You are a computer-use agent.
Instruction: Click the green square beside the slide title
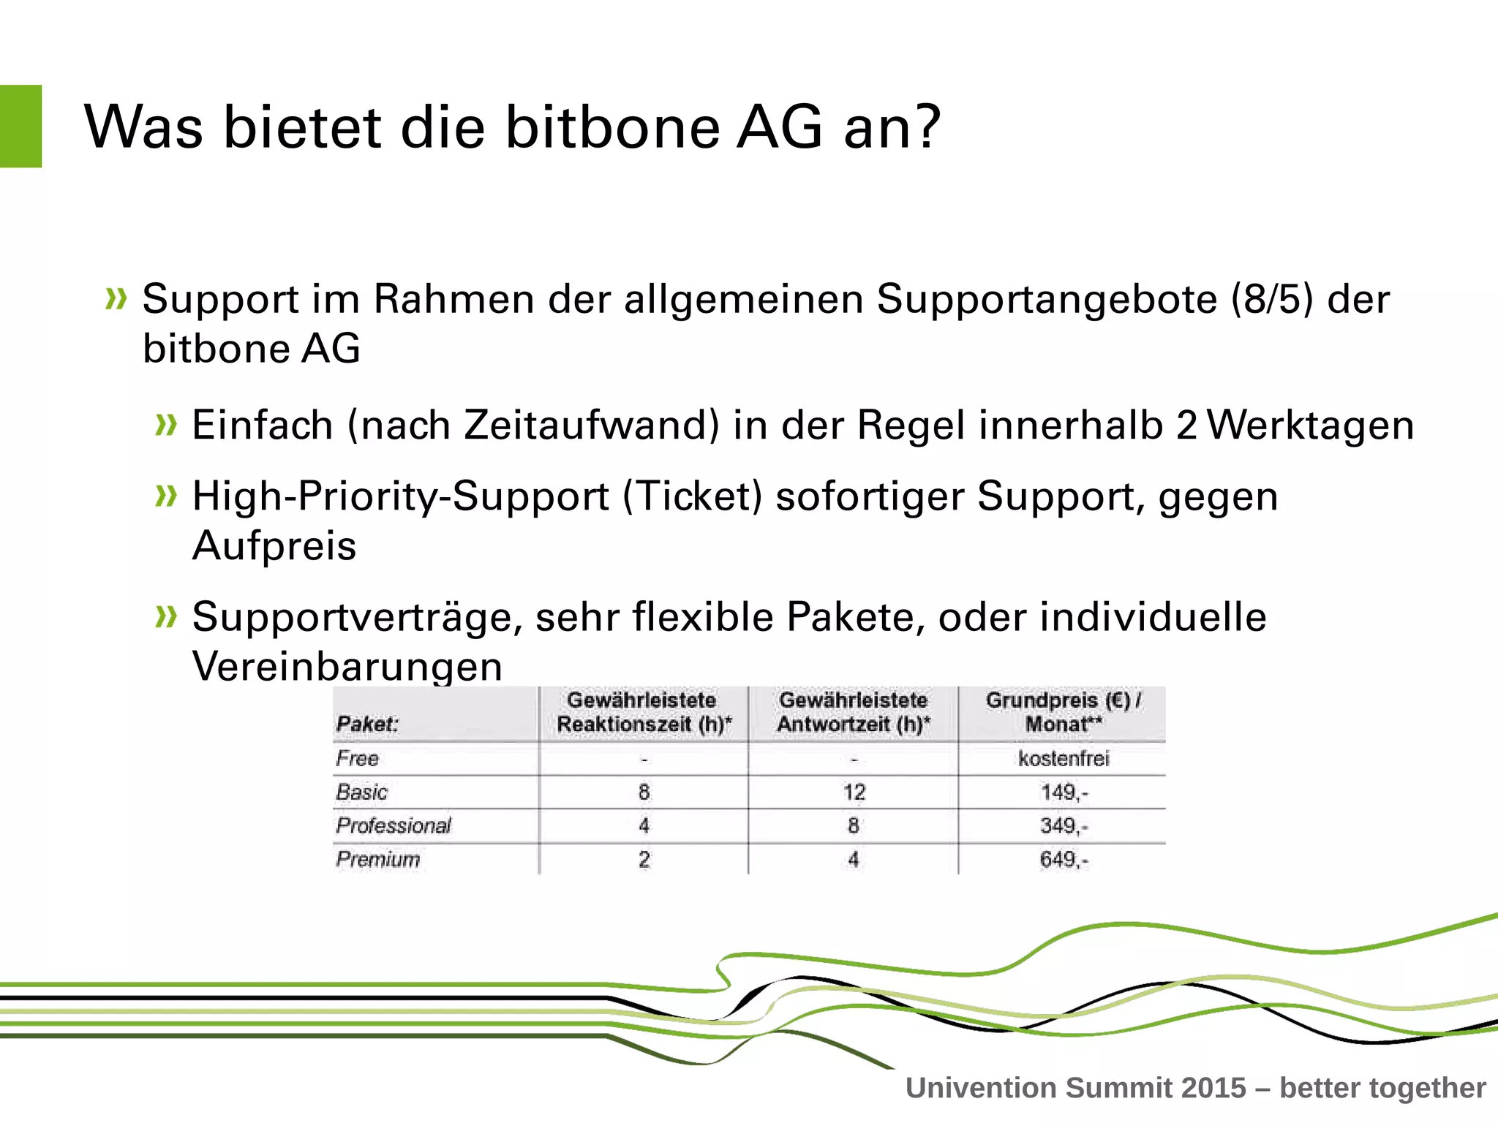click(x=20, y=126)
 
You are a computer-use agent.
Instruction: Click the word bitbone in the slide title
click(x=612, y=128)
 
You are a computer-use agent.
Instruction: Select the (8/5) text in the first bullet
click(x=1272, y=300)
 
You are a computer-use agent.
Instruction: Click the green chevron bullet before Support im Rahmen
click(x=116, y=299)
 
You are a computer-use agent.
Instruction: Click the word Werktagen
click(x=1310, y=426)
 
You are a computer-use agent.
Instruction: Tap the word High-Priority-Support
click(x=401, y=497)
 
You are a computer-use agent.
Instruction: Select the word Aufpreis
click(x=274, y=546)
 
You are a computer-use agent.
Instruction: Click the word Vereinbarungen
click(x=347, y=666)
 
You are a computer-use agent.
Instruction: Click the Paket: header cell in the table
click(x=367, y=724)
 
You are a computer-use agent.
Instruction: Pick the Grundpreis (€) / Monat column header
click(x=1063, y=712)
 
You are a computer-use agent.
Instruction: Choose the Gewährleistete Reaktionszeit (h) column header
click(x=643, y=712)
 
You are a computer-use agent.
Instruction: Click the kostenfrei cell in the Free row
click(x=1063, y=759)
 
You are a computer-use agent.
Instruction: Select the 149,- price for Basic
click(x=1064, y=793)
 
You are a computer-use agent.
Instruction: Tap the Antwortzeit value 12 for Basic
click(x=854, y=793)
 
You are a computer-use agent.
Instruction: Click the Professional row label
click(x=394, y=826)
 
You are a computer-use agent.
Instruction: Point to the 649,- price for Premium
click(x=1064, y=860)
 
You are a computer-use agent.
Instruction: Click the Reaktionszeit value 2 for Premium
click(x=644, y=860)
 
